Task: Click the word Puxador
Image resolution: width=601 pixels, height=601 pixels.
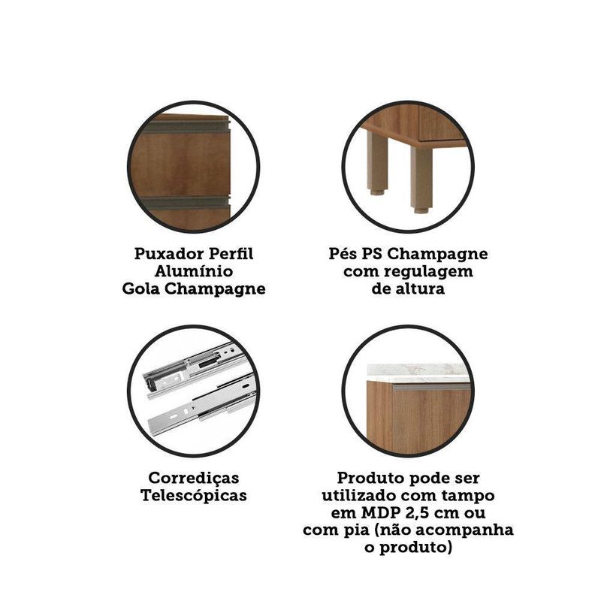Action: pyautogui.click(x=169, y=254)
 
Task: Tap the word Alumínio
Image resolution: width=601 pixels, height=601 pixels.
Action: pyautogui.click(x=194, y=271)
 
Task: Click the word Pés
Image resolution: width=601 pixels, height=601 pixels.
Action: pyautogui.click(x=342, y=254)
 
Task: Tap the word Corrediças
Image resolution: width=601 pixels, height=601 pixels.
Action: pyautogui.click(x=194, y=479)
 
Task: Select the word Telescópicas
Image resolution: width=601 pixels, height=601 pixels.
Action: pyautogui.click(x=194, y=496)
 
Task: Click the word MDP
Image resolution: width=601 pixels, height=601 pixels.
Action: pyautogui.click(x=375, y=513)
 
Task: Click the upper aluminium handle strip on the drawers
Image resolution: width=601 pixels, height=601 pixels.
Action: pyautogui.click(x=186, y=125)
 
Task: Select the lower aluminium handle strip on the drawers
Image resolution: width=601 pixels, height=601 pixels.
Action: pyautogui.click(x=185, y=202)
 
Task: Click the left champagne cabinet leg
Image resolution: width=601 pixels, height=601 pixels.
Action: pyautogui.click(x=377, y=162)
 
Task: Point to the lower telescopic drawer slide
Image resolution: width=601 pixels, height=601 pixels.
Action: pyautogui.click(x=201, y=406)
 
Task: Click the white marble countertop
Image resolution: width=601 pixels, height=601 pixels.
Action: pyautogui.click(x=418, y=373)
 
